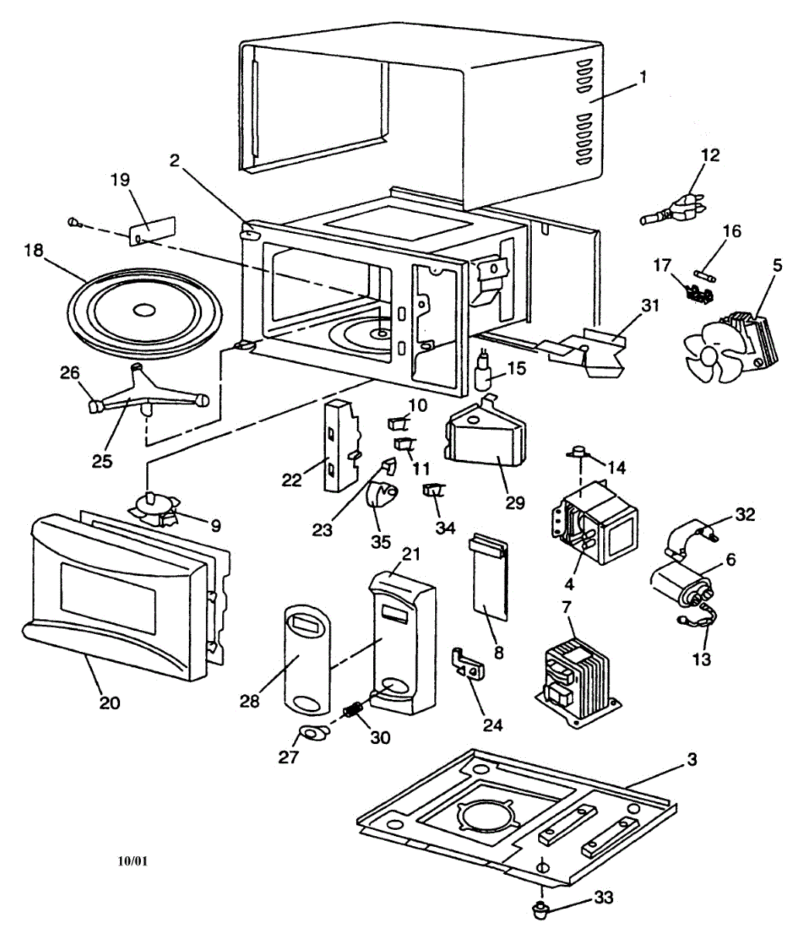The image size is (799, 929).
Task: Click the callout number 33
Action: (604, 897)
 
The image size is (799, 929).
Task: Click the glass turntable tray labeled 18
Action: (143, 310)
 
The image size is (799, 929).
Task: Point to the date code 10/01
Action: (132, 860)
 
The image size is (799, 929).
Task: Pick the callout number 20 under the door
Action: (109, 702)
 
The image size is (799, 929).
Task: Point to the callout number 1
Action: (644, 77)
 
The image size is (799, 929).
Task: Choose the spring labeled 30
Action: (353, 709)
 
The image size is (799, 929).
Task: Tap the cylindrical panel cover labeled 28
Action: (303, 658)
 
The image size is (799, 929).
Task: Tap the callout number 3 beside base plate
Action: (691, 760)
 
